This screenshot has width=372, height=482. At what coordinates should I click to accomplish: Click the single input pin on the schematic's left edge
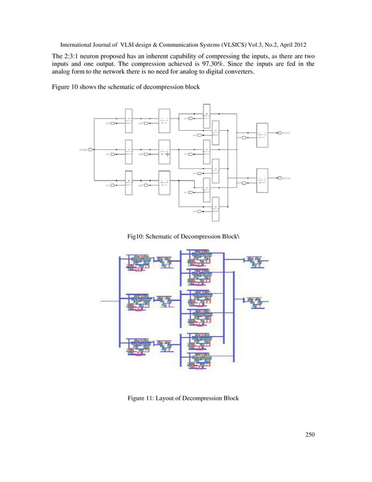pyautogui.click(x=92, y=150)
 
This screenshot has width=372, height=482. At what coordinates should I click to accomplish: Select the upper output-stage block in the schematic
pyautogui.click(x=262, y=135)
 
